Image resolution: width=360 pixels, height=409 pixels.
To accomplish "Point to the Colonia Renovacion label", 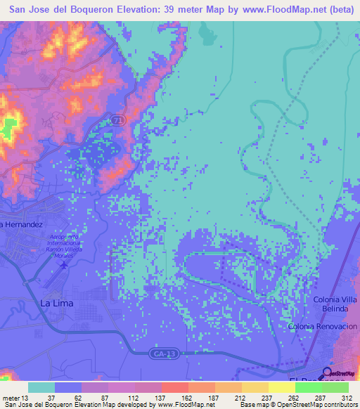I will pyautogui.click(x=323, y=327).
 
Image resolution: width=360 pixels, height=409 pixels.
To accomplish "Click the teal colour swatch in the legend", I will pyautogui.click(x=41, y=387).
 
